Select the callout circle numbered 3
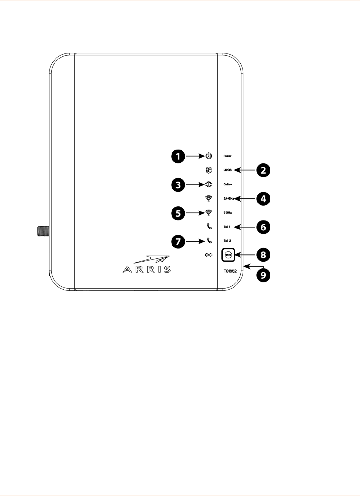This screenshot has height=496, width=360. pos(178,185)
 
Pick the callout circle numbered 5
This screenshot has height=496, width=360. pos(178,213)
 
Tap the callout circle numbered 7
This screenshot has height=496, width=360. pos(178,241)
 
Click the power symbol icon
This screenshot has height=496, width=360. pos(208,156)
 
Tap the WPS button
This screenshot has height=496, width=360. pos(228,255)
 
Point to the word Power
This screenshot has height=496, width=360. pos(227,156)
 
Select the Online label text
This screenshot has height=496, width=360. pos(228,184)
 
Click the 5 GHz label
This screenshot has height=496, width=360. pos(228,213)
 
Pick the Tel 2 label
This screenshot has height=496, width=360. pos(227,241)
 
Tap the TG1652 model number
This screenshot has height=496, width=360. pos(230,271)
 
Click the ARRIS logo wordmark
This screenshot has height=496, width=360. pos(147,269)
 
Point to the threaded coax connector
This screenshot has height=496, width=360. pos(43,230)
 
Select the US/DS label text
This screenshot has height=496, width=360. pos(228,170)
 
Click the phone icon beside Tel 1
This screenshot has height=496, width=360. pos(209,227)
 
